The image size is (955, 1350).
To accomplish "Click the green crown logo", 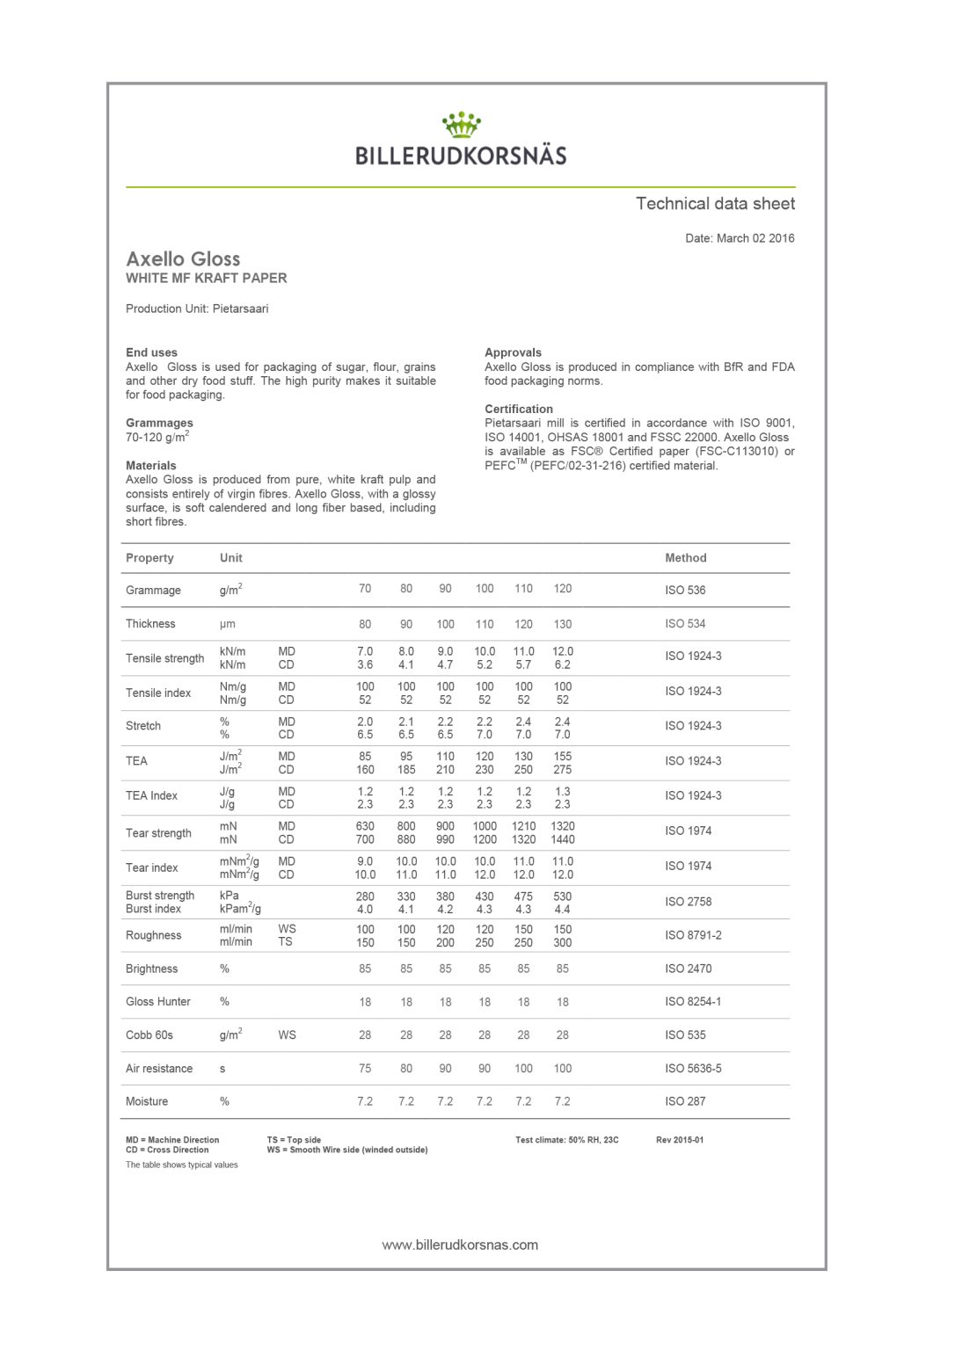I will (461, 125).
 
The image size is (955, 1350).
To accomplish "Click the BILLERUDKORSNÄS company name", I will (461, 156).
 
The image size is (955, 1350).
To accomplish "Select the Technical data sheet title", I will (715, 204).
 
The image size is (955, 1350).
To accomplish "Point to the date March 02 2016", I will (740, 238).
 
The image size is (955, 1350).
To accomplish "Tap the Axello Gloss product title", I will (183, 259).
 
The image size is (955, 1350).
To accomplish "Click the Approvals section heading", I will (513, 352).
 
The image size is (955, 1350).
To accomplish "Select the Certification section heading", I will (519, 409).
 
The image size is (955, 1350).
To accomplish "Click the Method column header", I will (685, 558).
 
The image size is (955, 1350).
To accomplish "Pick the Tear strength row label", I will (158, 833).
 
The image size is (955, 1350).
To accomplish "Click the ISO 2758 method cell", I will (688, 902).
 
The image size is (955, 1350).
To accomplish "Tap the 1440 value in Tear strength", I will (563, 839).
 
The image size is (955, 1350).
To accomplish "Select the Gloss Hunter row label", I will (158, 1002).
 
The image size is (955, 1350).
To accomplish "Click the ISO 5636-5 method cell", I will (693, 1069).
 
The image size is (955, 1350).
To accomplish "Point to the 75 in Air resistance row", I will (365, 1069).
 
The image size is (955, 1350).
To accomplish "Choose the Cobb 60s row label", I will (149, 1035).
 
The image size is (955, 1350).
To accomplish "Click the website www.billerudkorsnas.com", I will (460, 1245).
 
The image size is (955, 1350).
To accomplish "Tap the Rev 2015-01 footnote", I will (680, 1140).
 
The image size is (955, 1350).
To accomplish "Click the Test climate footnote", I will (567, 1140).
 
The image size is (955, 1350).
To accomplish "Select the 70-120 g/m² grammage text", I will (157, 437).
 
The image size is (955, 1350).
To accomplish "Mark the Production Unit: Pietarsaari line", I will (197, 308).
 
